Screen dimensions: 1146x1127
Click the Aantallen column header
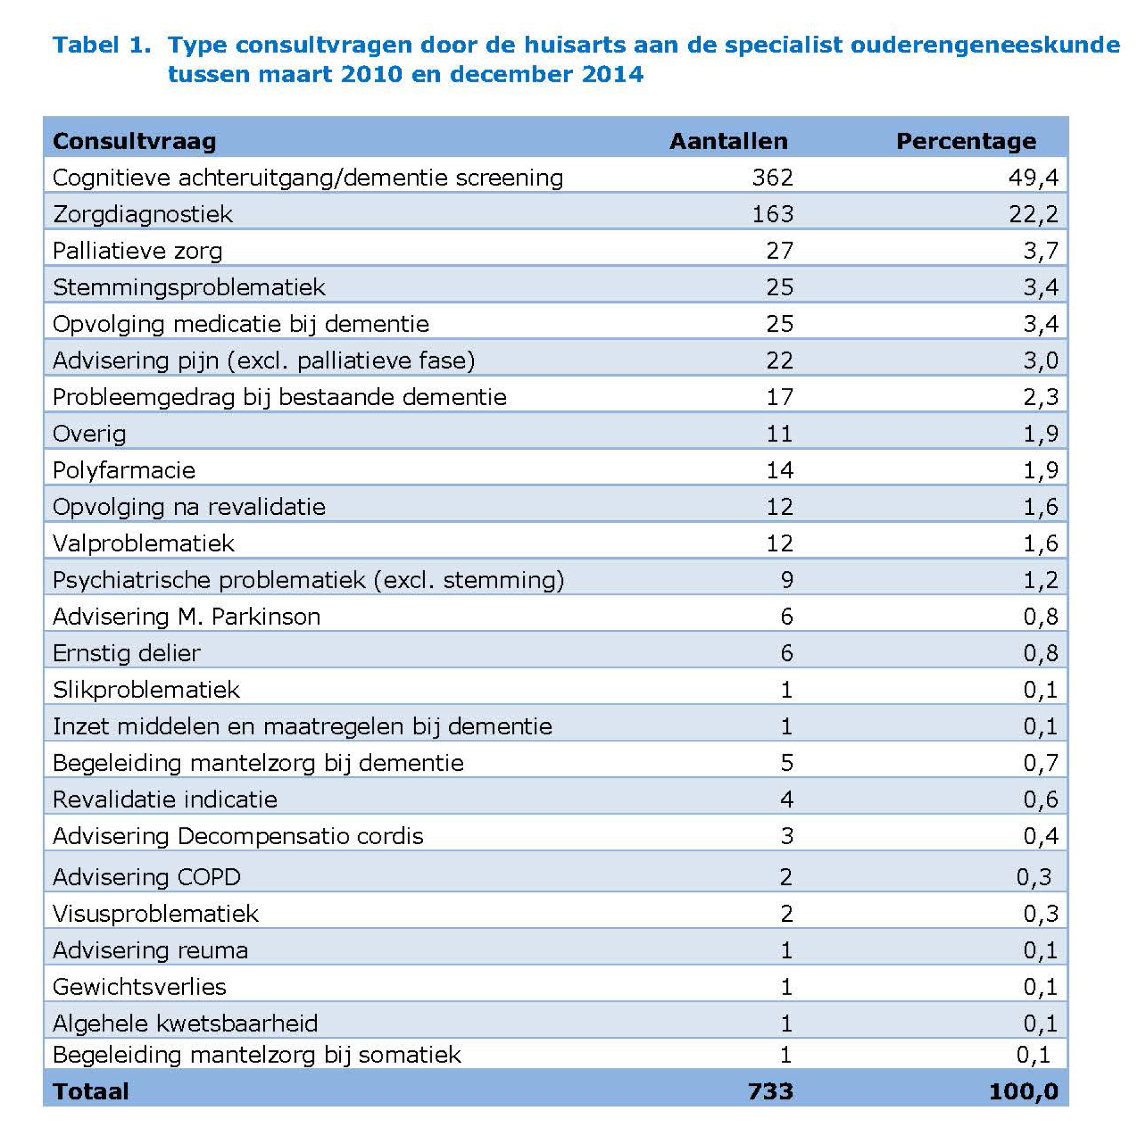728,141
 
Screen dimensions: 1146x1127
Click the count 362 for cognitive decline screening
772,178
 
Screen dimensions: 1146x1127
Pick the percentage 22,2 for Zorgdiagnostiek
1033,214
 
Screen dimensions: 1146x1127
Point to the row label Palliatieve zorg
137,251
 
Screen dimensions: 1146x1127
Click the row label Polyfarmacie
124,471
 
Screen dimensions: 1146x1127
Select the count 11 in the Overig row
780,434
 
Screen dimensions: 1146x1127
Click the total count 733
771,1092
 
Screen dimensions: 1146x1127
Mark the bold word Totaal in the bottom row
91,1092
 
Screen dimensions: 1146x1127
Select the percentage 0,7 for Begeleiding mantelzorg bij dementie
1040,763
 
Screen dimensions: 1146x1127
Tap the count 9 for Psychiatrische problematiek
787,580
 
